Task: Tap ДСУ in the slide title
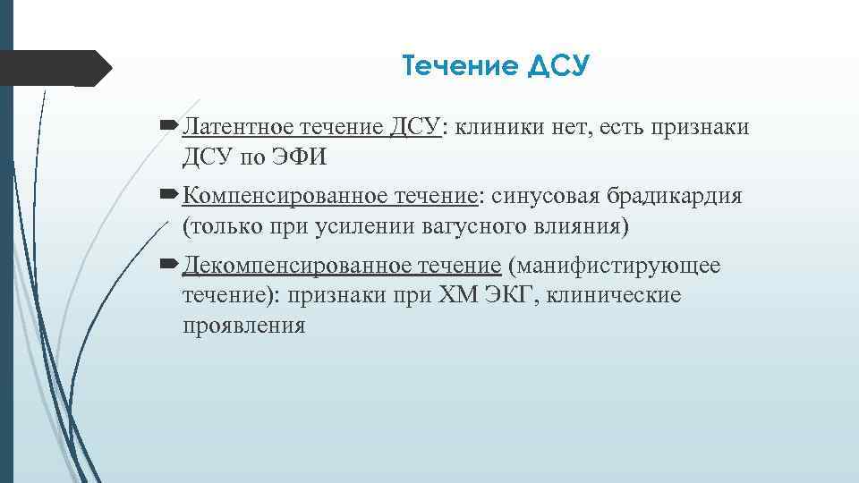click(559, 66)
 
